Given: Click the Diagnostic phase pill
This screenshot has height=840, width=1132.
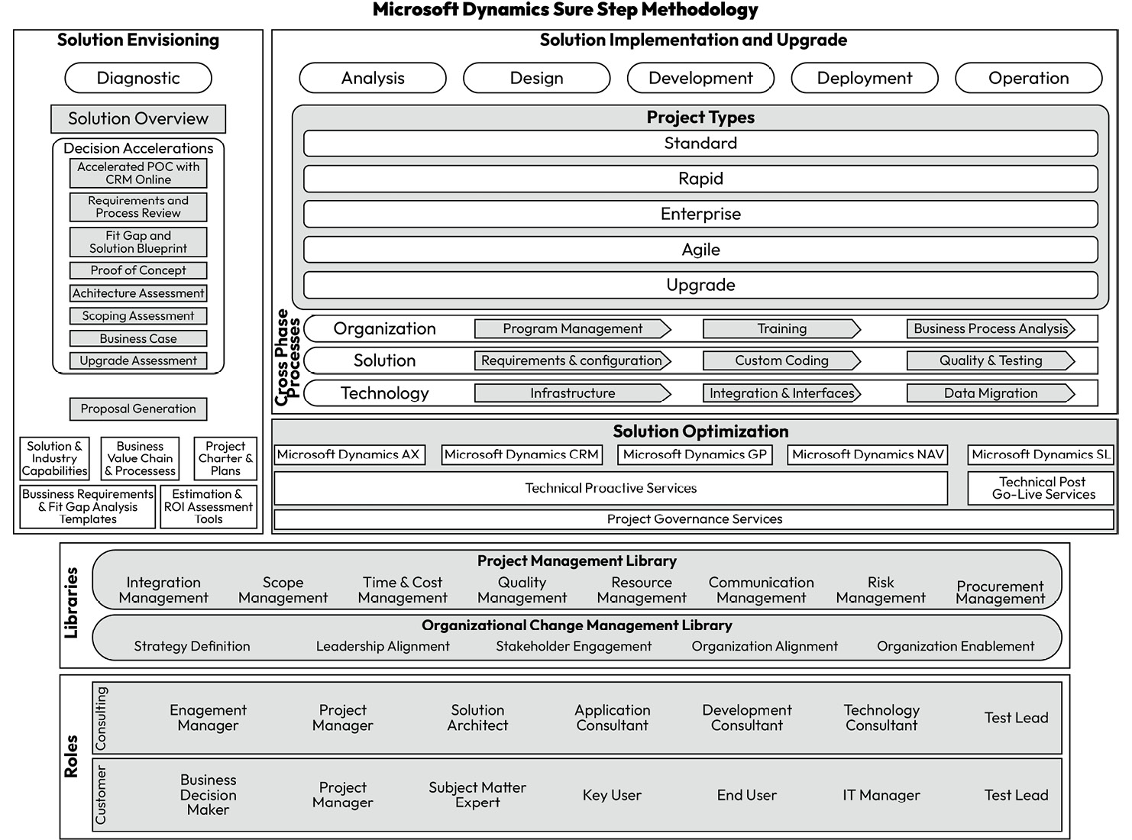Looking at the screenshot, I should tap(138, 78).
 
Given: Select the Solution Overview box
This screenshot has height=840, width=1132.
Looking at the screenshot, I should tap(138, 119).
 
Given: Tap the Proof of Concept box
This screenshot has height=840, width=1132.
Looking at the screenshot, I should tap(138, 270).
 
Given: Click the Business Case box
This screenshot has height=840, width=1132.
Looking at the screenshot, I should tap(138, 338).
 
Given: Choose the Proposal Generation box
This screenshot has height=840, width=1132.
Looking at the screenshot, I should tap(138, 409).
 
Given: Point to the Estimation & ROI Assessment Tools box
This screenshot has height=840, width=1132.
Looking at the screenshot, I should tap(209, 507).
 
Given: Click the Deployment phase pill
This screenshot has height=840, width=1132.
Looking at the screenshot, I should tap(864, 78).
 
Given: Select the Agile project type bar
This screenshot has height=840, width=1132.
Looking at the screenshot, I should tap(700, 250).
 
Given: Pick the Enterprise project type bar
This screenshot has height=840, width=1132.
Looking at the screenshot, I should tap(700, 214).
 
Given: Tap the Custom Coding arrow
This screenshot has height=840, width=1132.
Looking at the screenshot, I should tap(781, 360).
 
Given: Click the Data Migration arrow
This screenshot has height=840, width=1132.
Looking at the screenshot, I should tap(990, 393).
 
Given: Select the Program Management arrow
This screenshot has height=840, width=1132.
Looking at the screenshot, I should tap(572, 329).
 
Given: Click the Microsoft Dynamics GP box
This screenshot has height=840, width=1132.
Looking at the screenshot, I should tap(694, 455).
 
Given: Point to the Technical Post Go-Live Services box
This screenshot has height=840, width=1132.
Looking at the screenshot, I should tap(1043, 489).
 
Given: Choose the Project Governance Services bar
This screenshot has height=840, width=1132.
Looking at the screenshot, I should tap(694, 519).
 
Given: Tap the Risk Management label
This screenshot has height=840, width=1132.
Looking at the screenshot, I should tap(880, 590).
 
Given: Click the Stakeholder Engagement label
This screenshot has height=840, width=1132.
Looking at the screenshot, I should tap(574, 646).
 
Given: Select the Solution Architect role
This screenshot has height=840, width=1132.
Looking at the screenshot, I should tap(477, 718).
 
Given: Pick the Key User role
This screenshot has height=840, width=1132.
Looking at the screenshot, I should tap(612, 795).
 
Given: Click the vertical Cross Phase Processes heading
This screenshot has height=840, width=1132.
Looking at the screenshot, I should tap(287, 357).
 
